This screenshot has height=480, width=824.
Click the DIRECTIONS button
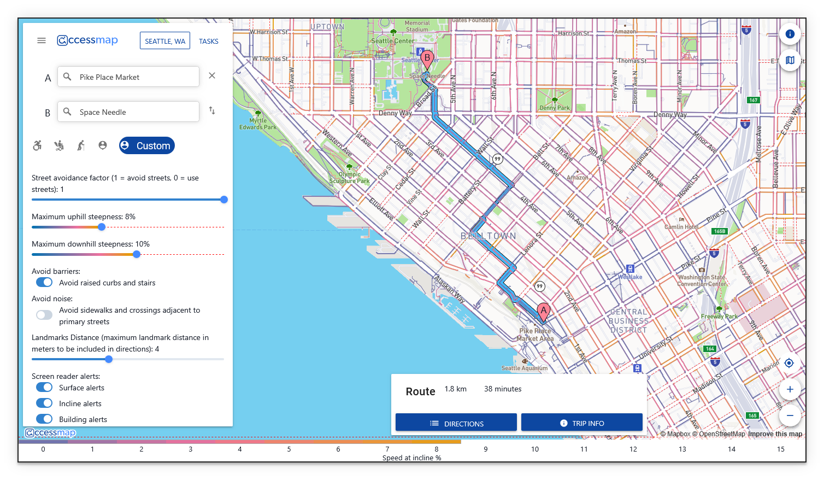[x=456, y=423]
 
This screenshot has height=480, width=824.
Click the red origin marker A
[x=543, y=312]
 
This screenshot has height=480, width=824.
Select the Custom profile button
[x=147, y=145]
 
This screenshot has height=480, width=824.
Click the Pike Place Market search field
[x=128, y=77]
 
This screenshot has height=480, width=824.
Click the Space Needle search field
[x=128, y=112]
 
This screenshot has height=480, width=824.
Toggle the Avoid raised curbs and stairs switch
[x=44, y=283]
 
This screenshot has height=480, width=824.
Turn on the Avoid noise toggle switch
[x=44, y=315]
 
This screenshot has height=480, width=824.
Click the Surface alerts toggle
[x=44, y=388]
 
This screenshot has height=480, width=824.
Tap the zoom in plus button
[x=790, y=389]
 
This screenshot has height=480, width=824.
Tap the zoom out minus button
[x=790, y=415]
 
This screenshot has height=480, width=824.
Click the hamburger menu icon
[x=42, y=40]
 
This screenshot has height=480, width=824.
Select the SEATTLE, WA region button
[x=165, y=41]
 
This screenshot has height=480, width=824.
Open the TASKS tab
[x=209, y=41]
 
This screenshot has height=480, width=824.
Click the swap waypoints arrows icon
[x=212, y=111]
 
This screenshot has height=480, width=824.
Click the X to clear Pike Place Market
[x=212, y=76]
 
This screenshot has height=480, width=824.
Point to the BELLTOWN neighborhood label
[x=488, y=236]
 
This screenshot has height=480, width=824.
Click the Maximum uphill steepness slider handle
[x=102, y=227]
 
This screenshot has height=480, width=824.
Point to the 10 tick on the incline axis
[x=535, y=449]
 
